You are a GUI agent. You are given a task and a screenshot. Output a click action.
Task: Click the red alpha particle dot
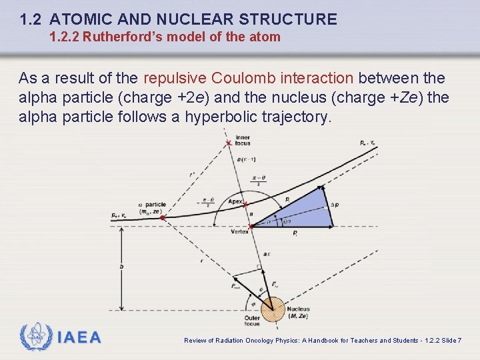pyautogui.click(x=162, y=217)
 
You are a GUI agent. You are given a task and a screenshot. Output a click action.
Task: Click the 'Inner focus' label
pyautogui.click(x=243, y=139)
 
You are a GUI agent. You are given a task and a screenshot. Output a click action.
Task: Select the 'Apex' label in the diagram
pyautogui.click(x=235, y=201)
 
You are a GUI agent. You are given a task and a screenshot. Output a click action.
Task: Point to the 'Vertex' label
pyautogui.click(x=239, y=231)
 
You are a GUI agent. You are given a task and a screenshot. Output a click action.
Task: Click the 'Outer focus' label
pyautogui.click(x=252, y=321)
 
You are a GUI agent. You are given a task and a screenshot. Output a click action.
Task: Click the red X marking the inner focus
pyautogui.click(x=229, y=143)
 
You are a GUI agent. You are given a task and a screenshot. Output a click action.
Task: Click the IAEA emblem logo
pyautogui.click(x=34, y=337)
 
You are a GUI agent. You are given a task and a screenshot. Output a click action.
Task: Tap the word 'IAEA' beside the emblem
pyautogui.click(x=79, y=338)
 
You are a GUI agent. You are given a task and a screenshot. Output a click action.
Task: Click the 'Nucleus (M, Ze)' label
pyautogui.click(x=299, y=312)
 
